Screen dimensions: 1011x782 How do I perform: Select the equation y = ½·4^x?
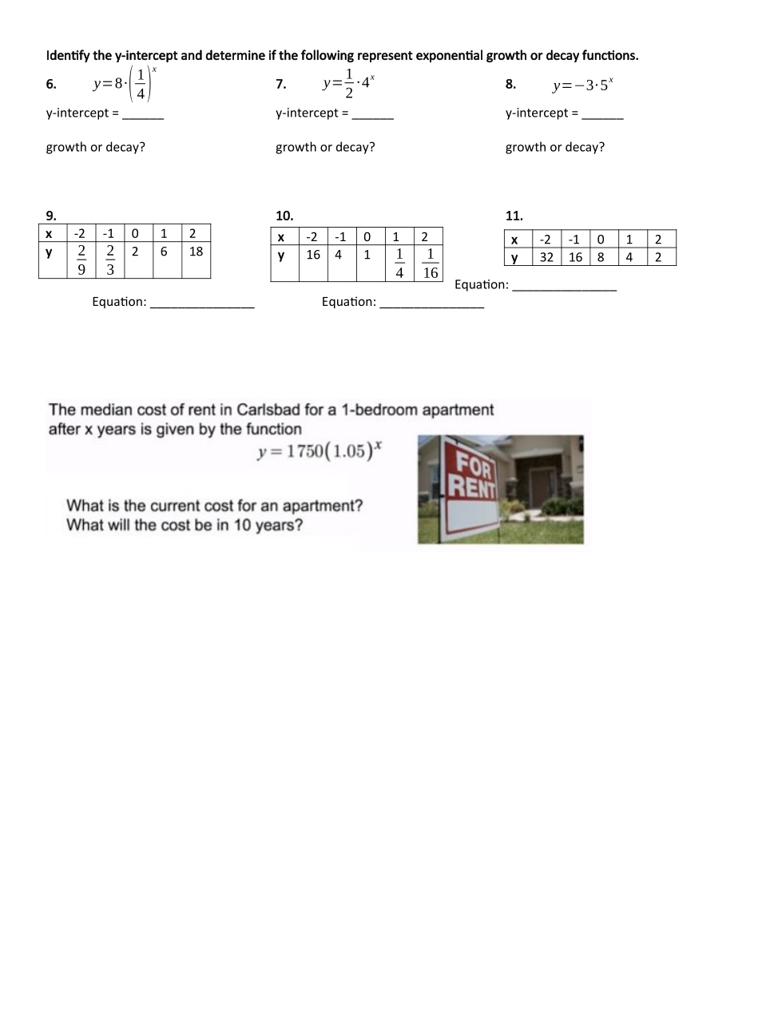point(349,84)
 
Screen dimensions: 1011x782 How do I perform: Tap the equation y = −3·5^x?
point(584,85)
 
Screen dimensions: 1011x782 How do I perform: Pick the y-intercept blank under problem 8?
point(603,114)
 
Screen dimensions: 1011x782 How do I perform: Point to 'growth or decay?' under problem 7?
point(325,147)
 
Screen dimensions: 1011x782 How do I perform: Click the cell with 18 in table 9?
point(196,252)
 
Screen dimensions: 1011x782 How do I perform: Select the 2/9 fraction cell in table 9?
point(81,260)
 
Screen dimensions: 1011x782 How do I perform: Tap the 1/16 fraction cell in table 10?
point(430,263)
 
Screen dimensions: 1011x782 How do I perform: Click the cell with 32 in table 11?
point(546,257)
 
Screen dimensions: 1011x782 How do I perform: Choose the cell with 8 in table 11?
point(601,257)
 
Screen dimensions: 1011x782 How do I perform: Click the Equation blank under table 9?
point(202,303)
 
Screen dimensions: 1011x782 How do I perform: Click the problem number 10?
point(284,216)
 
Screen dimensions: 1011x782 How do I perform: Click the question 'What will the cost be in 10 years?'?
point(185,525)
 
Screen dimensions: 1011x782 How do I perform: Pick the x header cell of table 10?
point(281,237)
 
